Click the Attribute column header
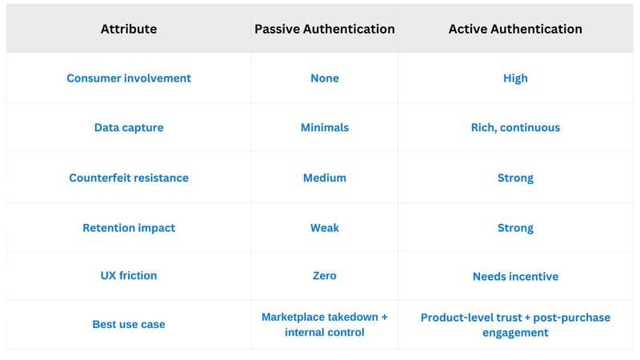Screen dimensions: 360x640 pos(128,29)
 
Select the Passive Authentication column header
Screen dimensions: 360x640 pos(324,29)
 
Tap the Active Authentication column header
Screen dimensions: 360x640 pos(515,29)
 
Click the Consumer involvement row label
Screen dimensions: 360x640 pos(128,78)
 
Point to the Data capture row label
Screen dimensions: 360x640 pos(128,128)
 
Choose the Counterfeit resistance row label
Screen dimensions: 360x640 pos(128,178)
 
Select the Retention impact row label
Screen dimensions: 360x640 pos(128,228)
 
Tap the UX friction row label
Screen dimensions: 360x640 pos(128,275)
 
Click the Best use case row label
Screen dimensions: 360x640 pos(128,325)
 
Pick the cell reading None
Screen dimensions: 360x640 pos(324,78)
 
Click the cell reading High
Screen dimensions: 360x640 pos(515,78)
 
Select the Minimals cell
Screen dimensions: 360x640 pos(324,128)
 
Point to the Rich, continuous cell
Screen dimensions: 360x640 pos(515,128)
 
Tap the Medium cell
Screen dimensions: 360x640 pos(324,178)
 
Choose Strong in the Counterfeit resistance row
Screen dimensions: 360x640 pos(515,178)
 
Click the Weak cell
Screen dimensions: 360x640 pos(324,228)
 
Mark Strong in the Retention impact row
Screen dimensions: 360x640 pos(515,228)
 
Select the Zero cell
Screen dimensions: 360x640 pos(324,275)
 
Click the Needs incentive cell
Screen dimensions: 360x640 pos(515,277)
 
